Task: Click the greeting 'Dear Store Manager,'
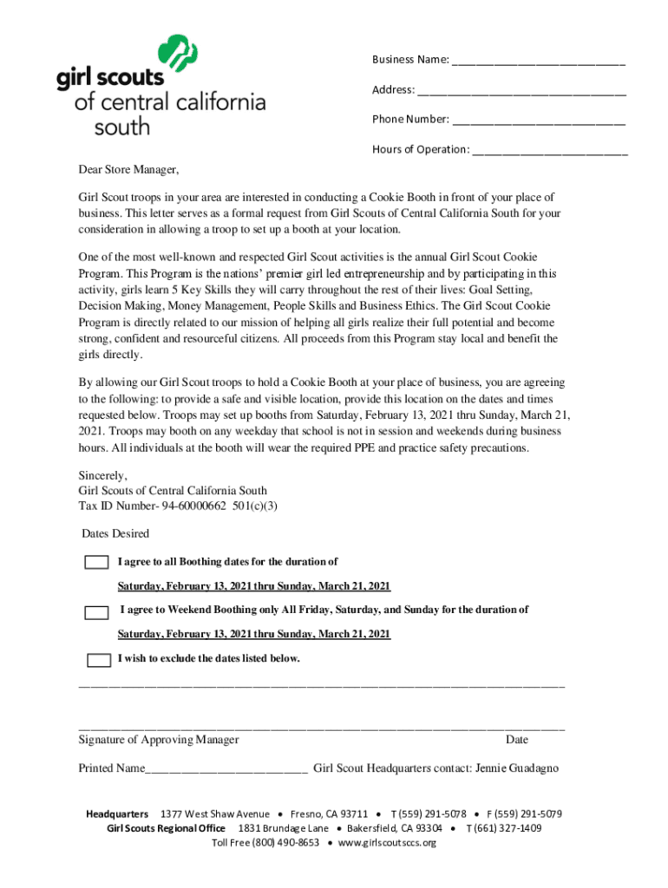(128, 168)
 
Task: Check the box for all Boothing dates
(96, 563)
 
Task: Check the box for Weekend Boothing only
(96, 612)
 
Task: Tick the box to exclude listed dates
(100, 660)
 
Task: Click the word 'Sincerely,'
(102, 475)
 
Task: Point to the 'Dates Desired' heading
(115, 533)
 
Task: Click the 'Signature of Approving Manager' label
(159, 740)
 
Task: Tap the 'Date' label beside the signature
(517, 740)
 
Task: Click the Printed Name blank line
(226, 769)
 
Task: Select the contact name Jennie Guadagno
(518, 768)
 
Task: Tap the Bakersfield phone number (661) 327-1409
(508, 828)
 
